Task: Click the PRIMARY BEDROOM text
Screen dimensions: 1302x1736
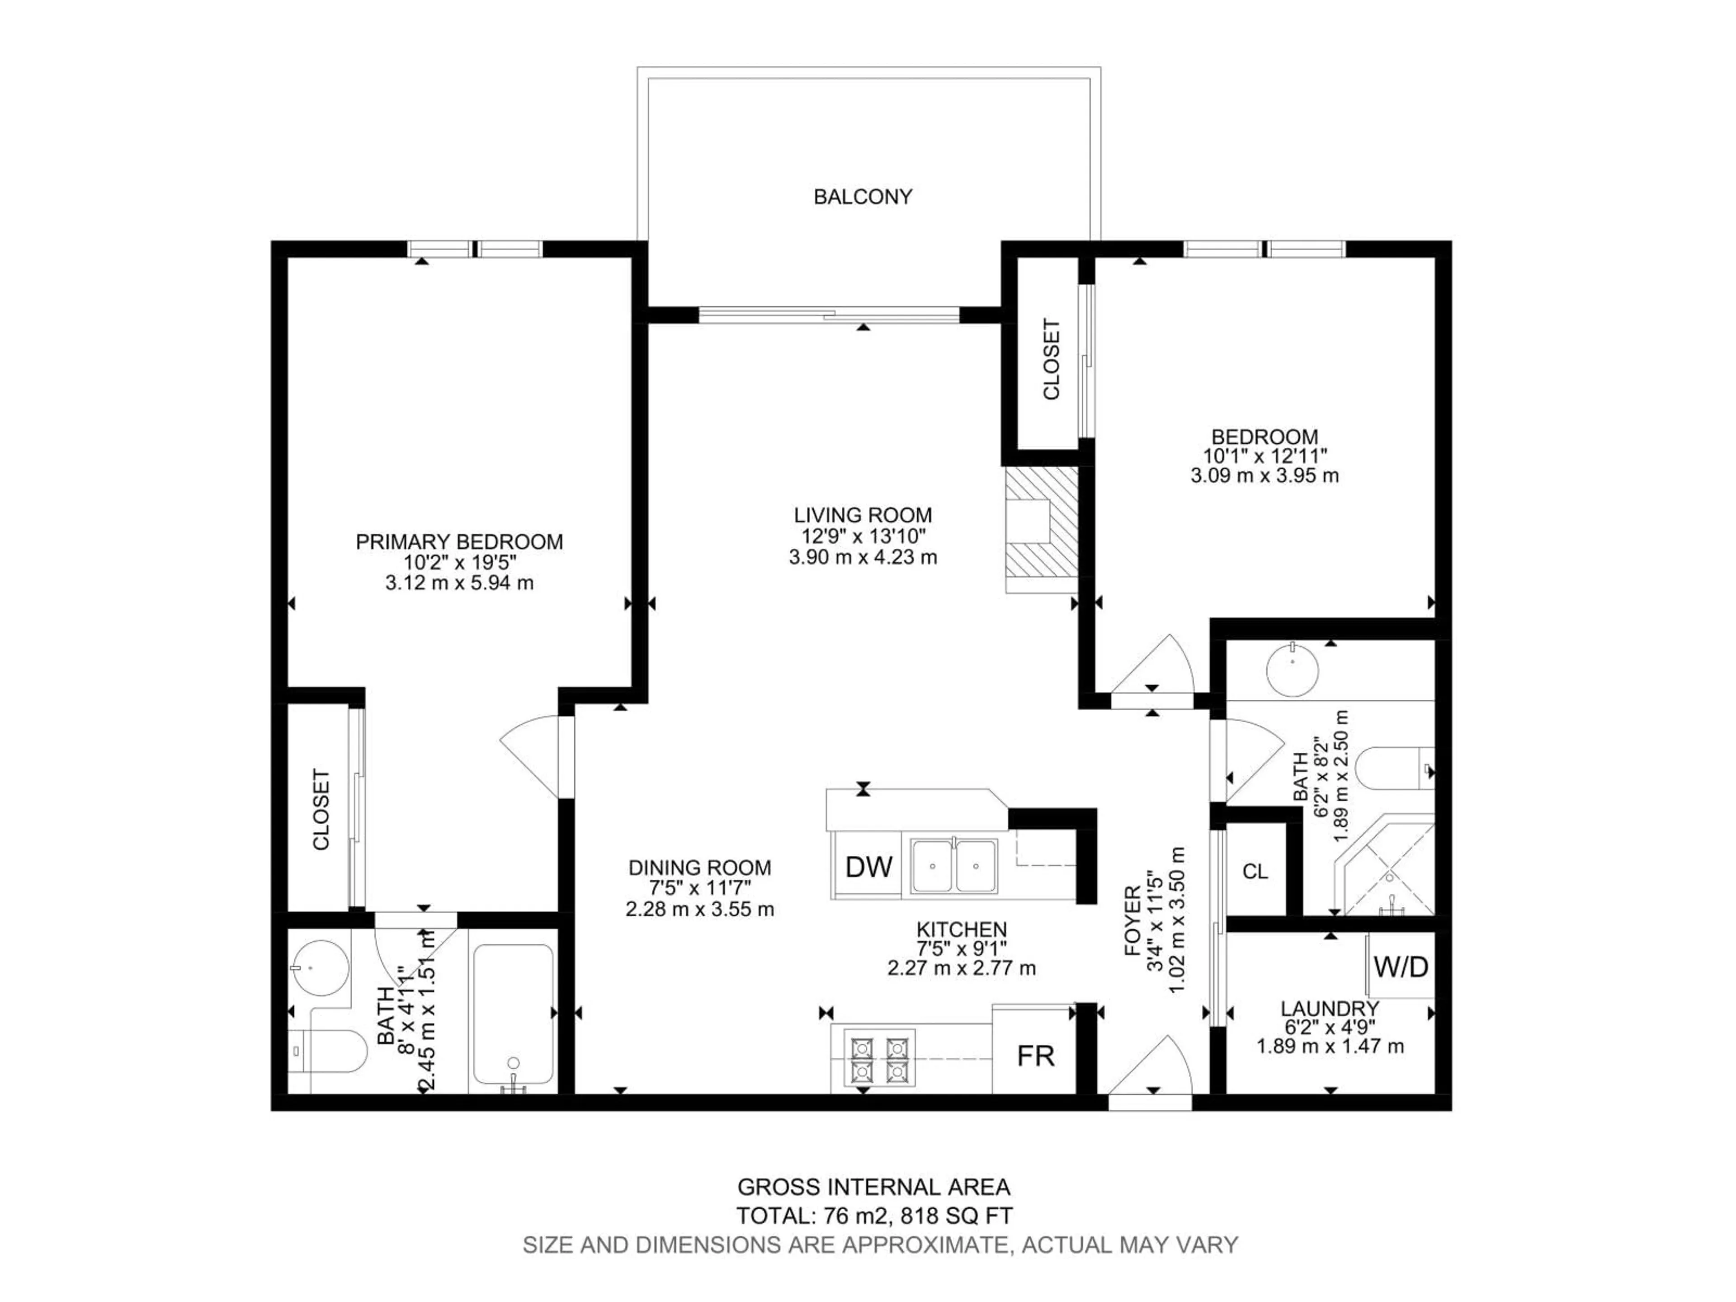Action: coord(459,542)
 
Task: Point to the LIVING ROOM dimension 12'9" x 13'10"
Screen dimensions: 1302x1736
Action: coord(863,536)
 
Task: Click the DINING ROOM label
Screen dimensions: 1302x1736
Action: coord(699,867)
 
